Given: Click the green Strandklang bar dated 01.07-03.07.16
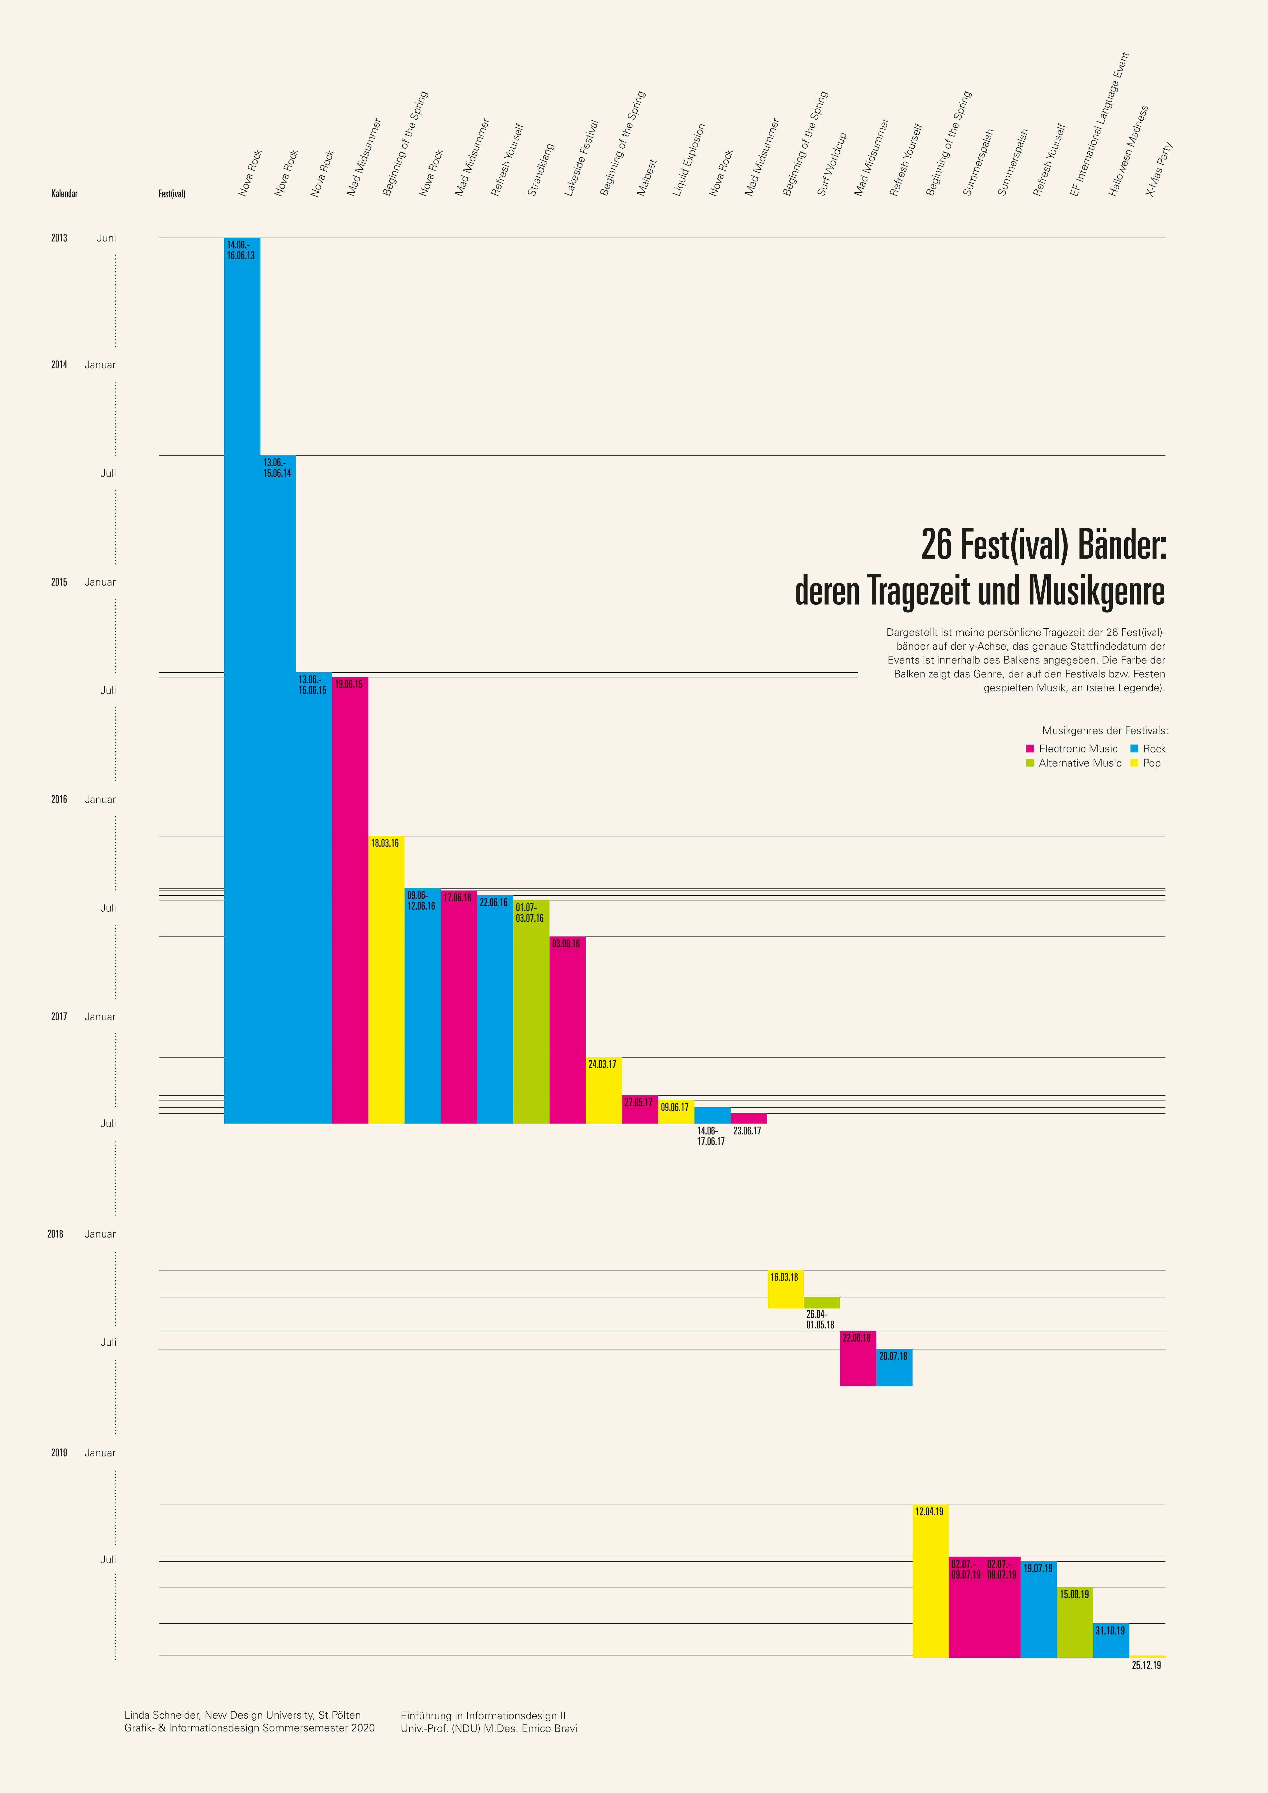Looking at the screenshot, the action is [x=531, y=1011].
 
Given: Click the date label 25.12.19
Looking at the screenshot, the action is [x=1146, y=1665].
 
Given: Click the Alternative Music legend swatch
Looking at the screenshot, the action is [x=1030, y=763].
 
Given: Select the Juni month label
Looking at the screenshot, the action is [x=106, y=238].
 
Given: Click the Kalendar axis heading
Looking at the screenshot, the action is [x=64, y=194].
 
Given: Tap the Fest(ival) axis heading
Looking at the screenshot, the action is [x=172, y=194].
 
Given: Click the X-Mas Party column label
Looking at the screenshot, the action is [x=1159, y=169].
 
